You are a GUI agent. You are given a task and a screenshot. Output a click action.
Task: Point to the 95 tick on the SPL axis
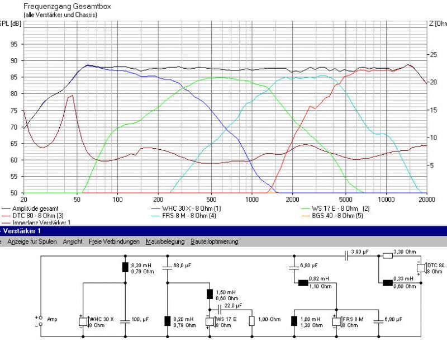13,44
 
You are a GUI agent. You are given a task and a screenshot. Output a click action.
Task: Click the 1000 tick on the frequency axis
251,200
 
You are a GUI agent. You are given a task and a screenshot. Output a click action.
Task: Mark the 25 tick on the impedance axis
432,55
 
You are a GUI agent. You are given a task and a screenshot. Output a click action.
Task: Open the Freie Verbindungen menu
114,241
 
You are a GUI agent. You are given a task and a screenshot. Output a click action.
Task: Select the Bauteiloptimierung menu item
215,241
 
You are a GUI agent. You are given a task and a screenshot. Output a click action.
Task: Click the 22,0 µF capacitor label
234,306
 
